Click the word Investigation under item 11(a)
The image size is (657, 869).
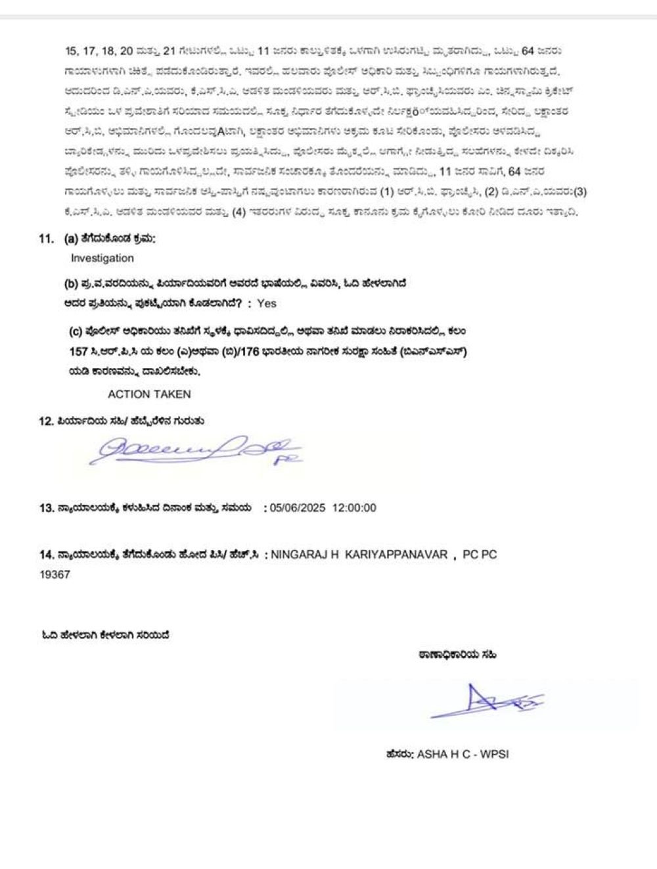[102, 258]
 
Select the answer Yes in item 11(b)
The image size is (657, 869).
[267, 304]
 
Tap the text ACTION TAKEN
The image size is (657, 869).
[149, 394]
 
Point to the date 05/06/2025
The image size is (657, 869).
[298, 508]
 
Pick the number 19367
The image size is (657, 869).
[55, 575]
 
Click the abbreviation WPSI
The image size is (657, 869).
[494, 755]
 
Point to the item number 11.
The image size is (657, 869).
[46, 239]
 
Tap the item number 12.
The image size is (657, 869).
[46, 421]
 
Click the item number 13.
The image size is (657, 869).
[46, 508]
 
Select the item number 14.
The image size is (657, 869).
[46, 555]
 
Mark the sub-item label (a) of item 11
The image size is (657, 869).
[64, 239]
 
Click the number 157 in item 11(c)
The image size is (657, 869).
[78, 352]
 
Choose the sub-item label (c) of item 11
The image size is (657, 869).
[75, 332]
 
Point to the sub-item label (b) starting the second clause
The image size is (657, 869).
[70, 284]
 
